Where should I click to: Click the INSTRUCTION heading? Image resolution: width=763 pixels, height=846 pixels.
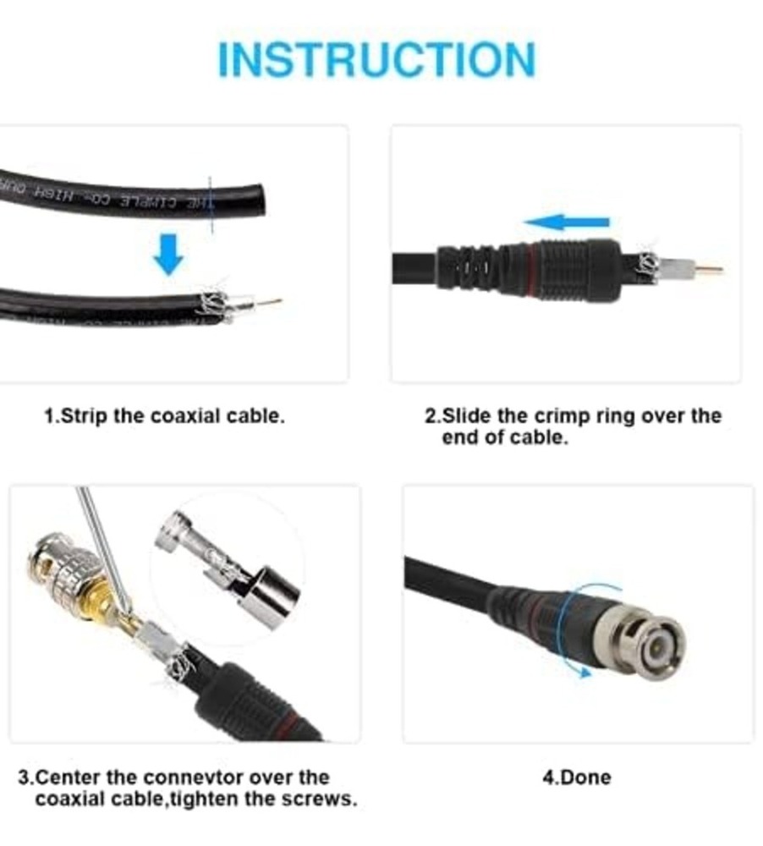tap(376, 59)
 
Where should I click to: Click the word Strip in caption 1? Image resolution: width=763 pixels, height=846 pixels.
tap(83, 416)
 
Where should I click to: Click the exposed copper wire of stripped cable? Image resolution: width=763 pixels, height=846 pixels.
tap(272, 301)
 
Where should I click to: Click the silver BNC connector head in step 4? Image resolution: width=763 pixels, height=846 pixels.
tap(647, 640)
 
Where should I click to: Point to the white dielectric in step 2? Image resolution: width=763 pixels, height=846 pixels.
tap(682, 271)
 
